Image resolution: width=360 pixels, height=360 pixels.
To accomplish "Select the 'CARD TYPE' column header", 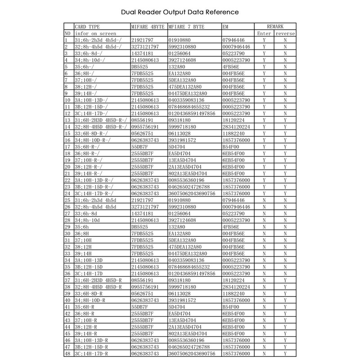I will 87,27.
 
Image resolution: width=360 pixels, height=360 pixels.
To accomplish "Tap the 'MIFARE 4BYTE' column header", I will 148,27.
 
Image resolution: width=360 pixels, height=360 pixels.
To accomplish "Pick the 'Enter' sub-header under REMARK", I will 264,34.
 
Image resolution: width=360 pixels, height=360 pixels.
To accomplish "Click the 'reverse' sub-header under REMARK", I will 285,34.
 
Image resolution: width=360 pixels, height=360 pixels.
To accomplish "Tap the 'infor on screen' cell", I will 95,34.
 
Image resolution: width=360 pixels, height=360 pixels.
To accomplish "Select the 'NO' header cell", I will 67,34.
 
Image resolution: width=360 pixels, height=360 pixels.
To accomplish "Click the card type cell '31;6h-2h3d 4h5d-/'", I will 97,40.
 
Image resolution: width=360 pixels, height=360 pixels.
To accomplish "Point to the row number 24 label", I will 67,193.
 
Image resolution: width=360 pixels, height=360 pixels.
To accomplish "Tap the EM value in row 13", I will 233,120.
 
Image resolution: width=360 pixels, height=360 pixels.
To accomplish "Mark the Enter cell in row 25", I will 264,200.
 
